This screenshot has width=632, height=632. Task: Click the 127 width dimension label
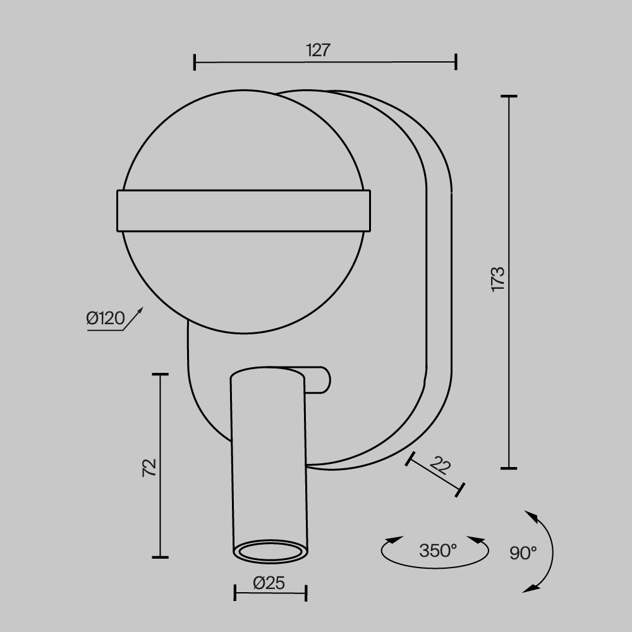coord(319,51)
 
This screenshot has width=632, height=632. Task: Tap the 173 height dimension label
coord(498,279)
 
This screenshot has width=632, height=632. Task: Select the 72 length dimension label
coord(149,468)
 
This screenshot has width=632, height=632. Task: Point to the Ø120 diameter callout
coord(106,319)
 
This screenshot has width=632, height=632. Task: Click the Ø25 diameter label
coord(269,583)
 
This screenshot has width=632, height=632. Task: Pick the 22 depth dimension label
coord(440,466)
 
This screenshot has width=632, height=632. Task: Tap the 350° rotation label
coord(438,550)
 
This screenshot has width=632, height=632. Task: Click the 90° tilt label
coord(523,553)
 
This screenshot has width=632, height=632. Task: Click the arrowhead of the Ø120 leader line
coord(140,310)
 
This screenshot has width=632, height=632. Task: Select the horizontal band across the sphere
coord(243,211)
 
